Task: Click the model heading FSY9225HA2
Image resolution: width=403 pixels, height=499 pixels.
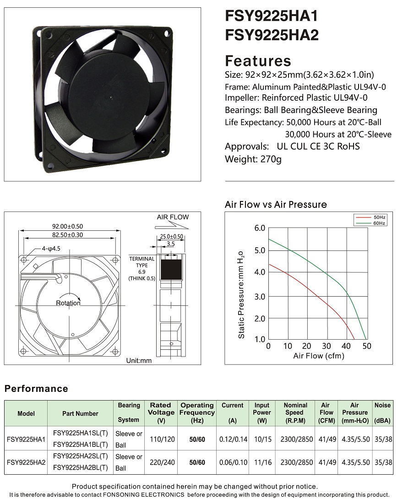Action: (272, 35)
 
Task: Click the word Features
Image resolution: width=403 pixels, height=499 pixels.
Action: (258, 61)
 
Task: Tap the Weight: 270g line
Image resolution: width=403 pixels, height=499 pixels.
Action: (253, 159)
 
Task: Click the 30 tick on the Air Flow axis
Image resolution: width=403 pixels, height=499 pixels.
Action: (327, 346)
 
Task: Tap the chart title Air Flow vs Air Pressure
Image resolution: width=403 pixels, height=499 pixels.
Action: (276, 204)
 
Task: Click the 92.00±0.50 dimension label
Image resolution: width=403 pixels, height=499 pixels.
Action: (67, 226)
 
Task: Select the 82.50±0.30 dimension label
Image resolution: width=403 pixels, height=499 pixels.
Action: (67, 234)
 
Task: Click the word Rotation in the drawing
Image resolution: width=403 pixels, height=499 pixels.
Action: (68, 303)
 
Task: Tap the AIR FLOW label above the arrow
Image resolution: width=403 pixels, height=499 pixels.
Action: (173, 217)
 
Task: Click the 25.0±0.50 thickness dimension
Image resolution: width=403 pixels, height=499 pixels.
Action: (171, 237)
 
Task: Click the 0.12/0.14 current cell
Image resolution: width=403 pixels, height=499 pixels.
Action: (233, 439)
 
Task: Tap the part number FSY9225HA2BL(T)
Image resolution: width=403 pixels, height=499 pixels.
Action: (81, 468)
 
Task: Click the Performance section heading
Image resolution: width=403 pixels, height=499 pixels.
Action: (36, 389)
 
